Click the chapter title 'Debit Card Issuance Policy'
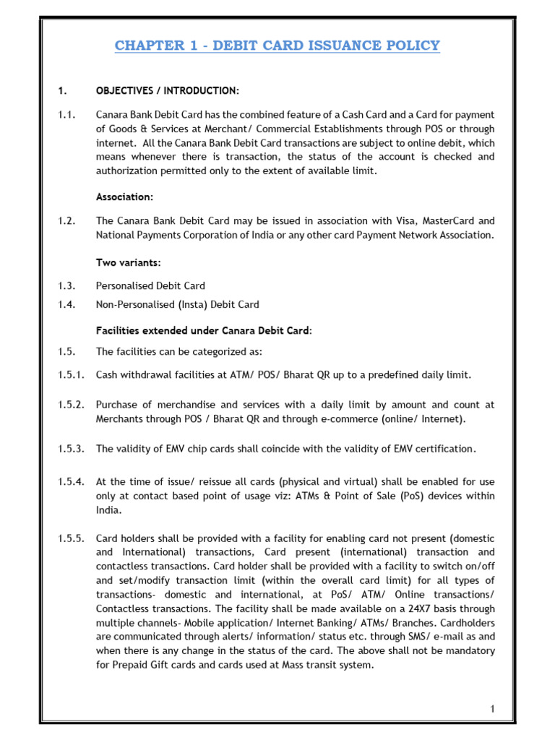[x=277, y=46]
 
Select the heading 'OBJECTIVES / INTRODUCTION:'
[x=167, y=90]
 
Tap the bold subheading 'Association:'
[x=124, y=197]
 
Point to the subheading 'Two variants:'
[x=128, y=262]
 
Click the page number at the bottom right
[x=492, y=709]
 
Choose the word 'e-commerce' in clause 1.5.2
[x=335, y=418]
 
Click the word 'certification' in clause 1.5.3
[x=447, y=449]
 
